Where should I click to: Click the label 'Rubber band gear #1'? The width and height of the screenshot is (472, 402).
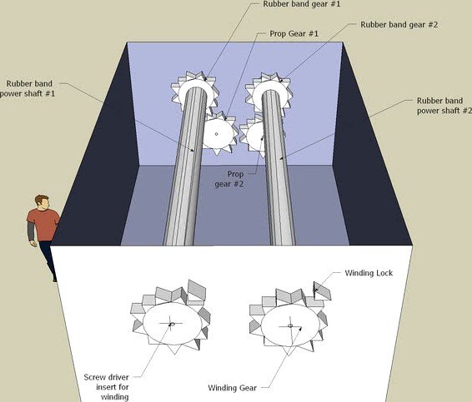tap(302, 4)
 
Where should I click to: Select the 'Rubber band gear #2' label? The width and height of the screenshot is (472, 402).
tap(399, 25)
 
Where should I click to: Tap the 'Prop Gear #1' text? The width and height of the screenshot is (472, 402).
tap(294, 33)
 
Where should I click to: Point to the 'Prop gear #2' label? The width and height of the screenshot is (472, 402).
tap(229, 179)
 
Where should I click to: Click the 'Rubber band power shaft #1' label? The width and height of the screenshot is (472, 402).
tap(28, 88)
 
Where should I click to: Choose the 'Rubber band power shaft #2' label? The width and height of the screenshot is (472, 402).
tap(444, 106)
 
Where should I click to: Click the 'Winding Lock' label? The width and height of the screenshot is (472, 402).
tap(369, 273)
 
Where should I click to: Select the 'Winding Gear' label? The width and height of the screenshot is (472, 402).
tap(233, 388)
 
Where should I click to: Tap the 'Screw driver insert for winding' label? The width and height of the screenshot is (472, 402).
tap(107, 387)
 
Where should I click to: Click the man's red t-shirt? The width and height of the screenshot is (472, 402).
tap(44, 225)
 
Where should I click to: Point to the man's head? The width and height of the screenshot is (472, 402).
tap(43, 202)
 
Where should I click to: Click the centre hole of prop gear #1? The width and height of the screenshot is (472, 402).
tap(216, 134)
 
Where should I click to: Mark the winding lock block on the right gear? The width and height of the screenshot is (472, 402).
tap(323, 290)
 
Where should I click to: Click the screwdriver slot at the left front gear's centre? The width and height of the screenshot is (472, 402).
tap(172, 325)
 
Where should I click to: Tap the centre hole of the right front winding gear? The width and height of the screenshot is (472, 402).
tap(290, 325)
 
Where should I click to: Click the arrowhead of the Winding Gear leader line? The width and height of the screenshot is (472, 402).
tap(300, 329)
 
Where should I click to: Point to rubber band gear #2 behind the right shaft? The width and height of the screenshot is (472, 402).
tap(269, 91)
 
